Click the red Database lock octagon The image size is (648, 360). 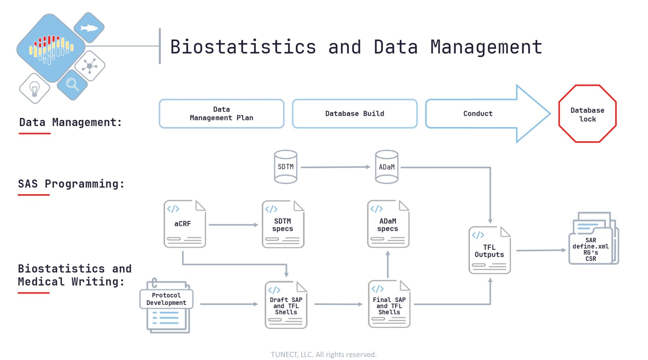pos(588,114)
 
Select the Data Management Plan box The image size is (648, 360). pos(221,114)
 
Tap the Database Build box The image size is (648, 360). pos(355,114)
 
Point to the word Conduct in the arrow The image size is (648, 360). pos(478,114)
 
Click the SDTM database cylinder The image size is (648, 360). pos(285,167)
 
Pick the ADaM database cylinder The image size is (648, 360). pos(387,167)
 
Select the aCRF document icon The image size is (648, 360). pos(185,224)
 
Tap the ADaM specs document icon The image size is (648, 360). pos(388,224)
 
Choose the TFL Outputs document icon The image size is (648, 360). pos(490,250)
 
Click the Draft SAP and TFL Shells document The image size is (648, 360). pos(286,305)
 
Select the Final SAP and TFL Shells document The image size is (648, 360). pos(389,304)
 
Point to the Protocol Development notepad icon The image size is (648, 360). pos(167,306)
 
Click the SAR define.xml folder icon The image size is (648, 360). pos(594,238)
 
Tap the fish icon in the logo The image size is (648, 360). pos(89,28)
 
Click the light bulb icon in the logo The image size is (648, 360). pos(34,89)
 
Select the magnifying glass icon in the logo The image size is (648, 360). pos(72,84)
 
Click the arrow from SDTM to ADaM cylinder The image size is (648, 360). pos(336,167)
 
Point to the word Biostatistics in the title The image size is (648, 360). pos(243,47)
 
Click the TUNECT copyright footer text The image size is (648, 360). pos(324,355)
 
